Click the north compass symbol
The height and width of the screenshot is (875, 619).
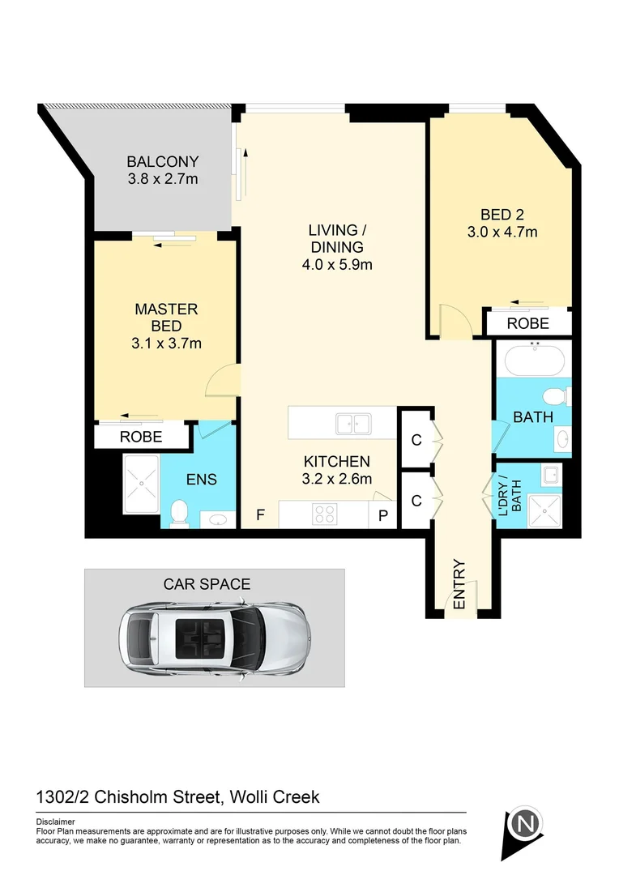click(525, 825)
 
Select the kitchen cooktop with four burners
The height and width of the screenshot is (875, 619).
click(326, 514)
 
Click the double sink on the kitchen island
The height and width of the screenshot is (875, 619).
click(352, 423)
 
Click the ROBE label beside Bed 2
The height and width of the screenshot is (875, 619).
click(528, 323)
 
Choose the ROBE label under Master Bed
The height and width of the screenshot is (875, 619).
click(141, 437)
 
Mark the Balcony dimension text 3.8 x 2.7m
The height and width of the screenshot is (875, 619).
click(163, 178)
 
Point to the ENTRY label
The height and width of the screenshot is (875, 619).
click(459, 584)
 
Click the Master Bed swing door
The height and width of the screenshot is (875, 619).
click(223, 380)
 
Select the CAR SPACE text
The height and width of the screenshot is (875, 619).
click(207, 583)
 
